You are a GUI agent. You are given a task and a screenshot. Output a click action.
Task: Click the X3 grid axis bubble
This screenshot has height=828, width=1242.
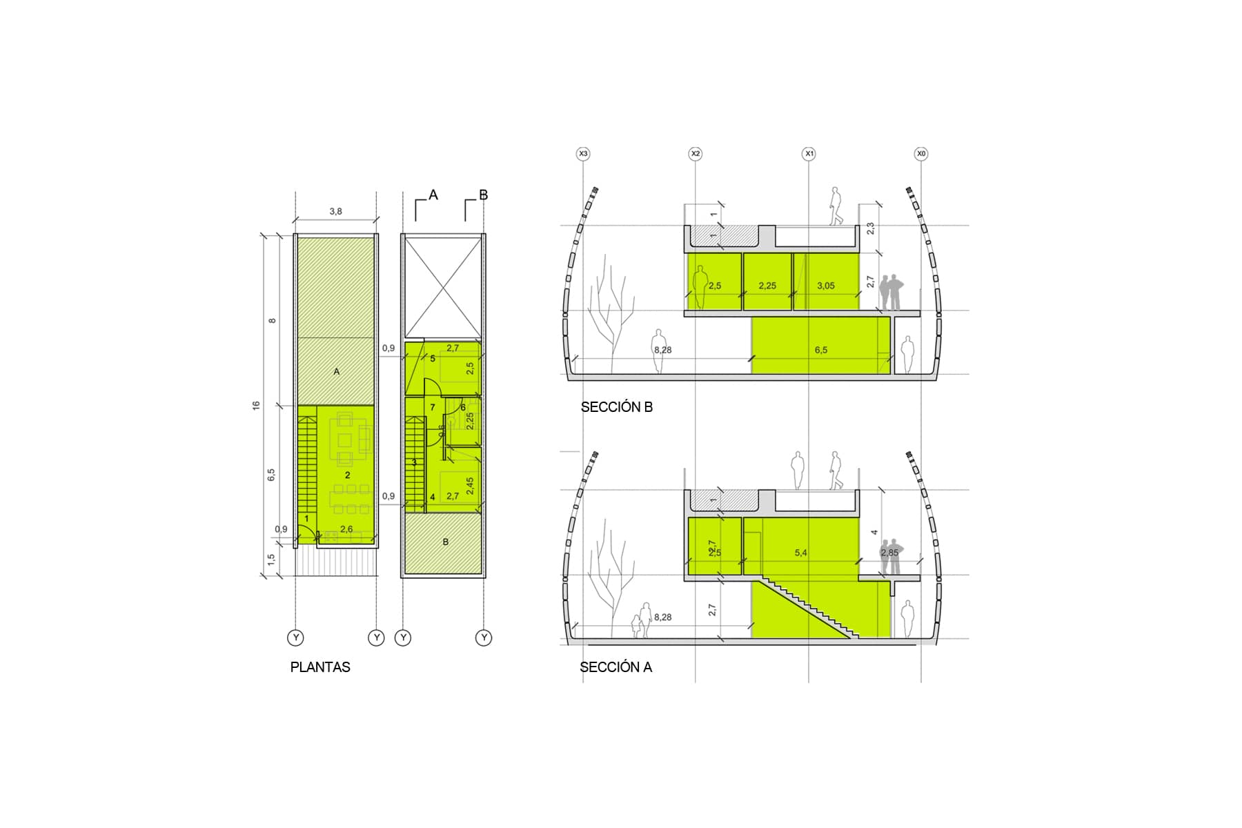pos(584,153)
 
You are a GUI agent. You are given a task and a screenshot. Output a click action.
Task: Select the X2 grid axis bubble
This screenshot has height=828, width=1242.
pos(696,153)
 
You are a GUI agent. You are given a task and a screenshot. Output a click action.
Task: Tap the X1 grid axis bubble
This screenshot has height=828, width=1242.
pos(809,153)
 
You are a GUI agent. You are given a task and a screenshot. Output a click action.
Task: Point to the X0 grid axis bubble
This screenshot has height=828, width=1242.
pos(921,153)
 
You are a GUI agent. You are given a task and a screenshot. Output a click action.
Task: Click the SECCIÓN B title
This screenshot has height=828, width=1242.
pos(616,407)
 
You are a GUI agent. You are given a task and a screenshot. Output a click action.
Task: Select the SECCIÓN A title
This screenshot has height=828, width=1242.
pos(615,667)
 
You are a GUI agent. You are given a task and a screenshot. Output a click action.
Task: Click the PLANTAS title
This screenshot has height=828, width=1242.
pos(320,667)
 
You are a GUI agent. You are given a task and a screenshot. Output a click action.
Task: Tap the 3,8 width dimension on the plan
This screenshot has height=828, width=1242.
pos(335,212)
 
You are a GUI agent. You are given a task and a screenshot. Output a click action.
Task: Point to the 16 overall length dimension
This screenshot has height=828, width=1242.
pos(257,405)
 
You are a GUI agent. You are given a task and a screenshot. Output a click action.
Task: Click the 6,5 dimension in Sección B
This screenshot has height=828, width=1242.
pos(820,350)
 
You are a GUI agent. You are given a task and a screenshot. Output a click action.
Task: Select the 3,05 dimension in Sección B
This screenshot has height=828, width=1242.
pos(825,286)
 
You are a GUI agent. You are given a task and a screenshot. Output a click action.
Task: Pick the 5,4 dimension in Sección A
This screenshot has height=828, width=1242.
pos(800,553)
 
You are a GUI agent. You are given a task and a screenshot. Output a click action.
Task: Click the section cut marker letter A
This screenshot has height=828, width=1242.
pos(433,195)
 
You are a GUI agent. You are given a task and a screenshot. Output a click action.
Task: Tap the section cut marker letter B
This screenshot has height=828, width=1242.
pos(483,195)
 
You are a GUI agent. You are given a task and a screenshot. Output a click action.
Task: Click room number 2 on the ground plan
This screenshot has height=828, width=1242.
pos(347,475)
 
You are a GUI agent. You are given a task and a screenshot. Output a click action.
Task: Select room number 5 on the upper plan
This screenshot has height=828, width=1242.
pos(433,359)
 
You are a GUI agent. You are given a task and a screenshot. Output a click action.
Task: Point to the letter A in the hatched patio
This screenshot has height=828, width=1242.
pos(337,371)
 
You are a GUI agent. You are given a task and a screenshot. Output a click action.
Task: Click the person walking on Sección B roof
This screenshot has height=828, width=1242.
pos(836,206)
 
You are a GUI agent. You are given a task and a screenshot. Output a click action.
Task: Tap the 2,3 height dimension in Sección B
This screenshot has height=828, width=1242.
pos(870,228)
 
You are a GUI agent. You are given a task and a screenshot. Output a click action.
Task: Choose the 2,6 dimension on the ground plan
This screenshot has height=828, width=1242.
pos(346,529)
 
